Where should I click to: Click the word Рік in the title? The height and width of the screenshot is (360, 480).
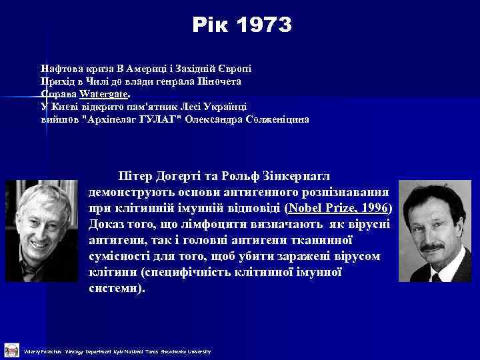point(209,25)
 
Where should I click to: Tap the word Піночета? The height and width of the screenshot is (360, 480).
point(220,81)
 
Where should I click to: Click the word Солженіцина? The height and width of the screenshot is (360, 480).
point(273,119)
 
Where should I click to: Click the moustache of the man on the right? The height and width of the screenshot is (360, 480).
point(433,247)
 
